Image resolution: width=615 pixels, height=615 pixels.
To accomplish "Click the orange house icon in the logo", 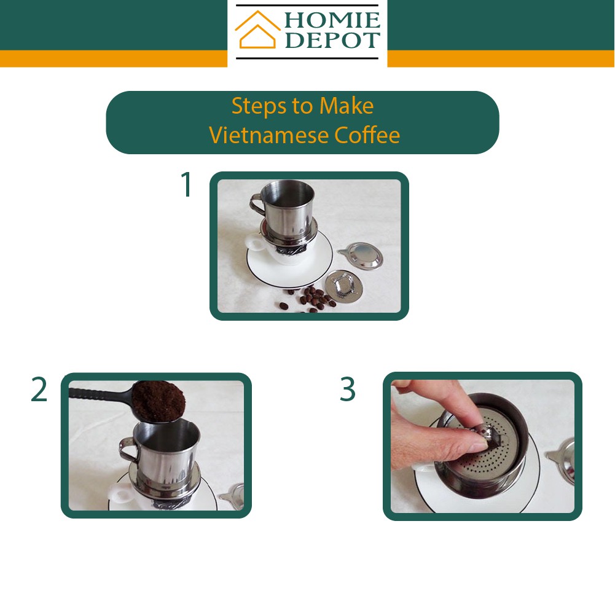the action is coord(257,30).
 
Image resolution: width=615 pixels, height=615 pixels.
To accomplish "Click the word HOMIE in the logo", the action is coord(332,20).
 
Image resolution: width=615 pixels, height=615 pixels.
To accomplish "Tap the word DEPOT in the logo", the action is coord(332,39).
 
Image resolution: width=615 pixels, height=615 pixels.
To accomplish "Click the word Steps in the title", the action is coord(259,106).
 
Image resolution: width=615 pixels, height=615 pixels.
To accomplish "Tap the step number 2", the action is coord(39,390).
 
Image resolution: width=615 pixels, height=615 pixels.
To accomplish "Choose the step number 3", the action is coord(348,389).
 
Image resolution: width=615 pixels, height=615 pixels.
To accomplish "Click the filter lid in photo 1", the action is coord(361,255).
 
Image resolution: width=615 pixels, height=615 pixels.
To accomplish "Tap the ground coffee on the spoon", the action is coord(159,400).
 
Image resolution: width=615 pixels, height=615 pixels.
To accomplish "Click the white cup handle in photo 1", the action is coord(255,243).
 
